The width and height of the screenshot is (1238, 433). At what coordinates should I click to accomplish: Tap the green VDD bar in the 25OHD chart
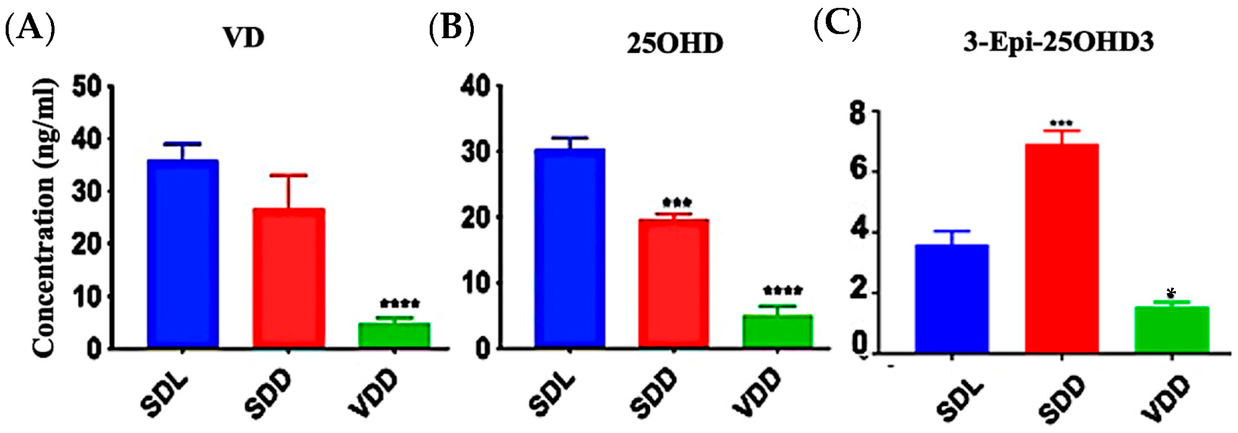pyautogui.click(x=777, y=331)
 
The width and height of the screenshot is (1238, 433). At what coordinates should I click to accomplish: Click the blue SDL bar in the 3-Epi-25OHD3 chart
pyautogui.click(x=952, y=298)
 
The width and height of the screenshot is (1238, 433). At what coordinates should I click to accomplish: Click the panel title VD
pyautogui.click(x=244, y=38)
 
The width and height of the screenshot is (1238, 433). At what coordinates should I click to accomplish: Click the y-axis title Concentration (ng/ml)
pyautogui.click(x=45, y=218)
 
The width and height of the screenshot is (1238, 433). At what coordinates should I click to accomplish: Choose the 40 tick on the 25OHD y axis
pyautogui.click(x=476, y=87)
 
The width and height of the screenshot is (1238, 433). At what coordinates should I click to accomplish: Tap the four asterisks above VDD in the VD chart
pyautogui.click(x=399, y=303)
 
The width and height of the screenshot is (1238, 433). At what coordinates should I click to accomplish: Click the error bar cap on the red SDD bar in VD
pyautogui.click(x=288, y=175)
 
